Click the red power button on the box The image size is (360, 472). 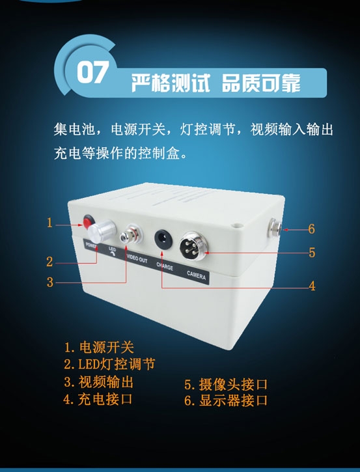tap(88, 221)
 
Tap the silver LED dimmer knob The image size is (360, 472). tap(102, 231)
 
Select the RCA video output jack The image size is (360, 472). tap(131, 234)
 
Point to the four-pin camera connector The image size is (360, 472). tap(192, 245)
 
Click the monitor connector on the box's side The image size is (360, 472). tap(275, 229)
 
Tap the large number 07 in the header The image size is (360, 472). tap(92, 72)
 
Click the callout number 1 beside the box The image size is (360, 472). tap(49, 223)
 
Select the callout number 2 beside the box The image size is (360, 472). tap(49, 262)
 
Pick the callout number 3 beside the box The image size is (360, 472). tap(50, 283)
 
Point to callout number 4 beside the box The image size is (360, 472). tap(312, 286)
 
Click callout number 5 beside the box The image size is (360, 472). tap(312, 252)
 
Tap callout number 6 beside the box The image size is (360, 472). tap(312, 229)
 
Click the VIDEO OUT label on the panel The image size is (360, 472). tap(137, 258)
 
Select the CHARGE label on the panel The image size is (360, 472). tap(165, 266)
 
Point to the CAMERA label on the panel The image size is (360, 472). tap(196, 275)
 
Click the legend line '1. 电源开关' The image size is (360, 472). tap(99, 347)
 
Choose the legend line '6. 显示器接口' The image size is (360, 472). tap(226, 400)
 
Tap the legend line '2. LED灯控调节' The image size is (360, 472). tap(109, 364)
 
